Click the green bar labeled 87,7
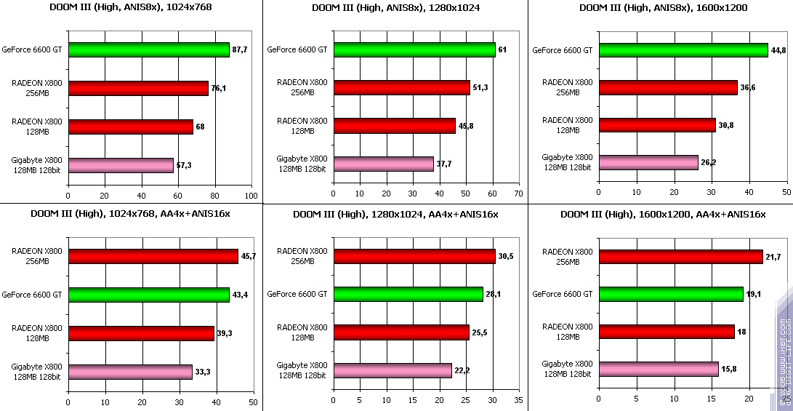coord(148,49)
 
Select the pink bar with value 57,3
coord(121,165)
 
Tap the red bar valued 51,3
coord(401,88)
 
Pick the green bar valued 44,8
coord(683,49)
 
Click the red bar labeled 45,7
coord(153,256)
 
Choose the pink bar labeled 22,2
coord(393,371)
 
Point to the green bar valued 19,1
coord(670,294)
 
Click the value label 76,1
coord(219,89)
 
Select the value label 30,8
coord(727,125)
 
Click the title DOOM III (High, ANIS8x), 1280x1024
coord(395,9)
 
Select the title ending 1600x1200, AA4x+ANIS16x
coord(662,214)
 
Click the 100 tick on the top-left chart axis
coord(251,195)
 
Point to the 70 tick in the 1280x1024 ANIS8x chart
coord(518,195)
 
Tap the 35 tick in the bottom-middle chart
coord(518,401)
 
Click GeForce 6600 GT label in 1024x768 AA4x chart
coord(36,295)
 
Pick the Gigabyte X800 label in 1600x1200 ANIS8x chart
coord(567,161)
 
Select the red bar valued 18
coord(666,332)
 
